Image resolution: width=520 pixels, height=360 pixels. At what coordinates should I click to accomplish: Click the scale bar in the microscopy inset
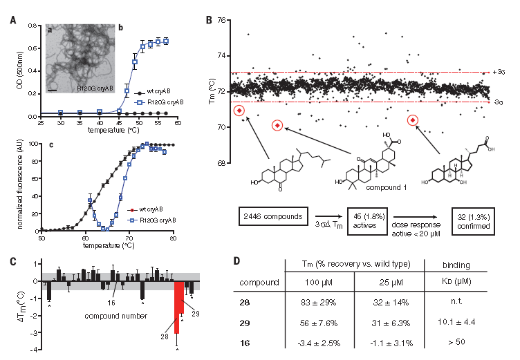pyautogui.click(x=53, y=89)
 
